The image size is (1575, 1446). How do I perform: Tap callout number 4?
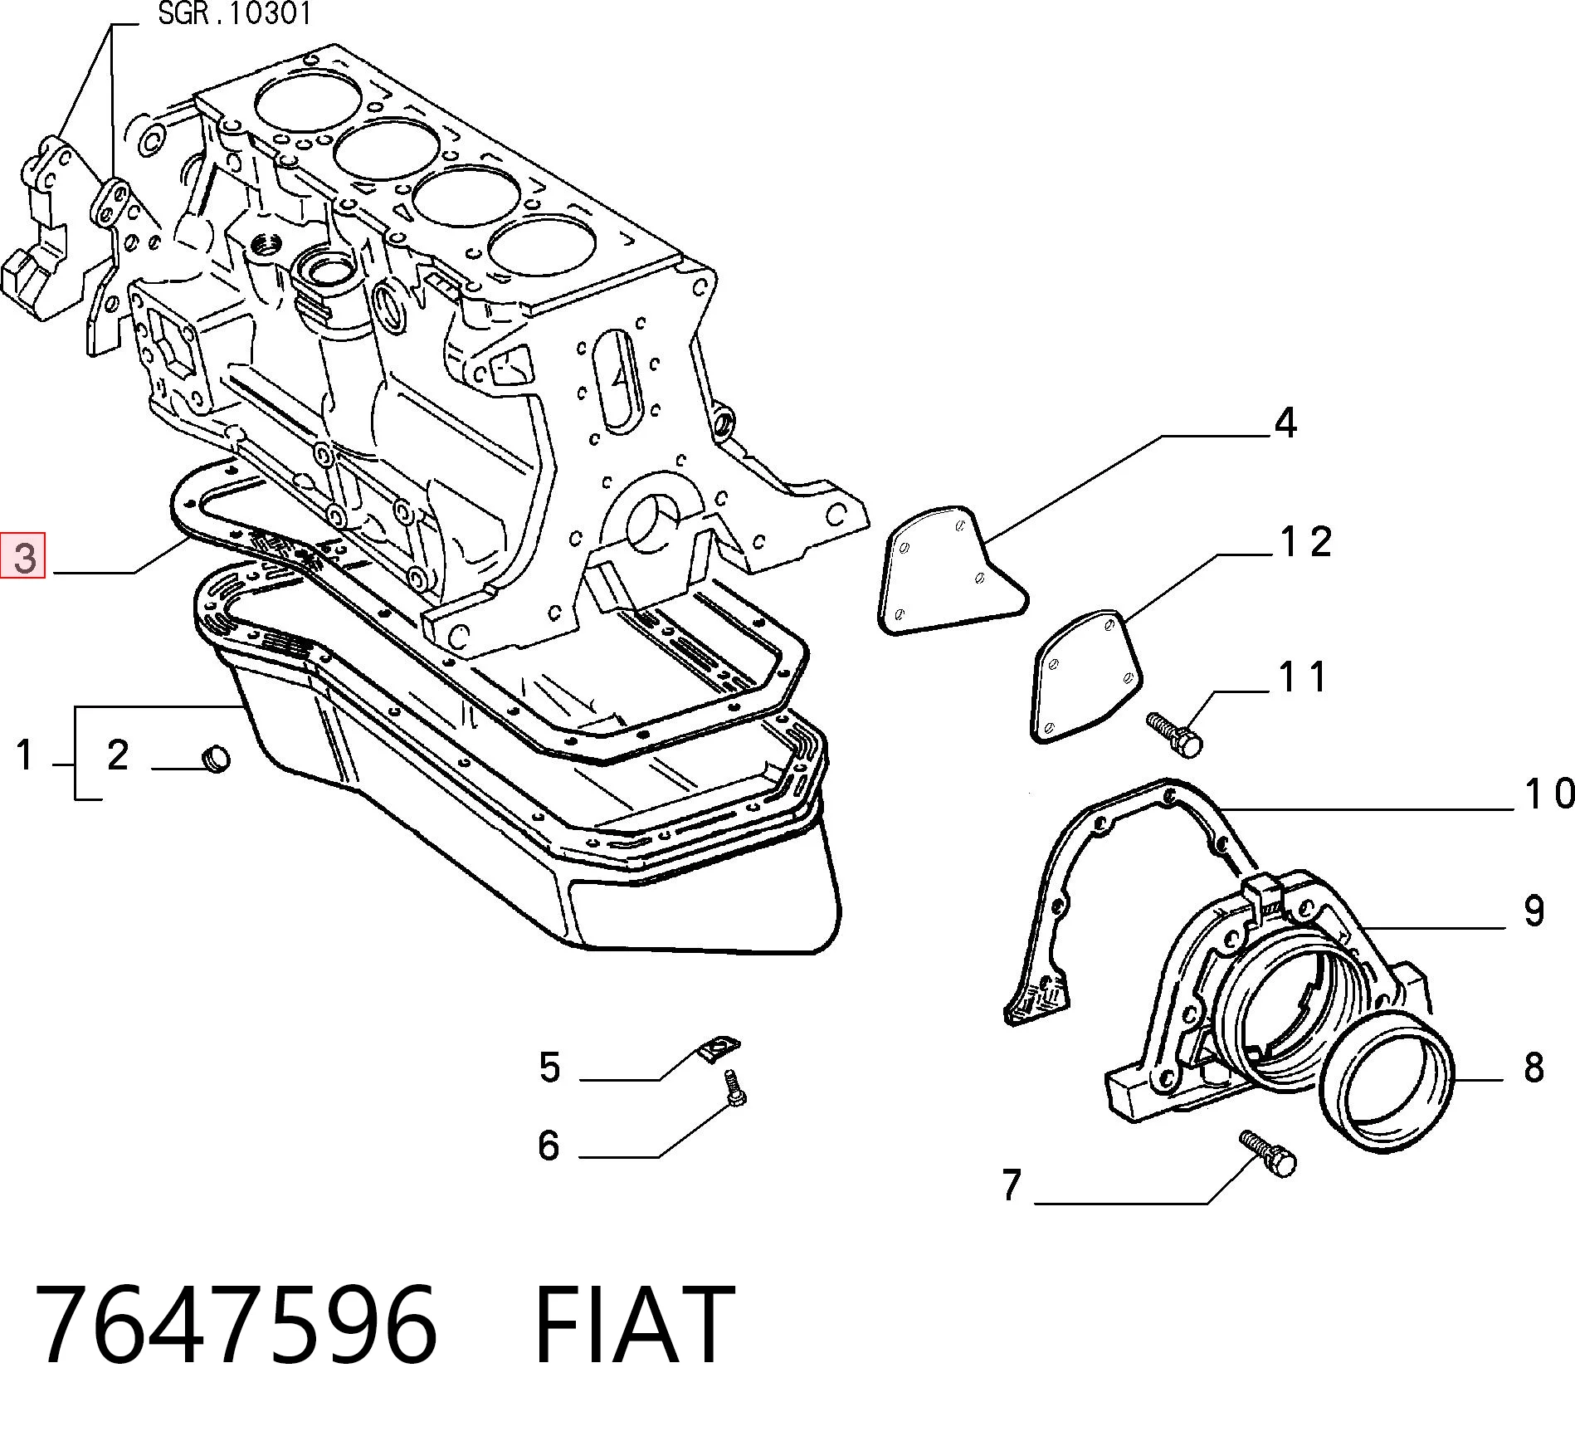[1285, 423]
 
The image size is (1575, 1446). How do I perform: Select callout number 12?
[1306, 542]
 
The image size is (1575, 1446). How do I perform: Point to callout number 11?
[1302, 677]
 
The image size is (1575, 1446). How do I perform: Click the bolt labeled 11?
[1174, 734]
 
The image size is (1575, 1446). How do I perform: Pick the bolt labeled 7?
[1268, 1154]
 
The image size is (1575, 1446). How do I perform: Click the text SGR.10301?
[235, 14]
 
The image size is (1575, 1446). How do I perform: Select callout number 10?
[1549, 794]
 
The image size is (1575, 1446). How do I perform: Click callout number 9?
[1534, 911]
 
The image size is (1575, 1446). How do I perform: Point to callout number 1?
[25, 755]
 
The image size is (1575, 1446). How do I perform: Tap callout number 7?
[1011, 1185]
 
